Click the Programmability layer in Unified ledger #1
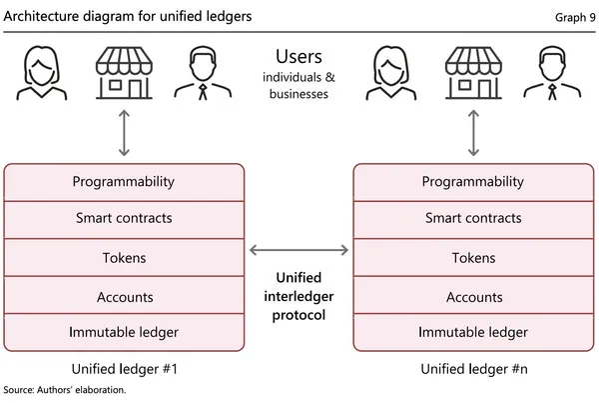(x=125, y=182)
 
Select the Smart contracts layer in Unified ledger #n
(x=473, y=218)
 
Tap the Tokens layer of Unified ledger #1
(x=125, y=257)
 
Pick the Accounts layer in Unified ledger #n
(x=473, y=297)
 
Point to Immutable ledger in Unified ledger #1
(x=125, y=332)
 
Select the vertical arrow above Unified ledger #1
(x=124, y=133)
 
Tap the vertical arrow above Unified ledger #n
(x=472, y=133)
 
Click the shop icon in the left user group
(x=124, y=74)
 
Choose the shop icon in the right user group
(x=472, y=74)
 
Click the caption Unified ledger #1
(x=125, y=368)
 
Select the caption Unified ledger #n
(x=473, y=368)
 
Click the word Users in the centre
(x=299, y=57)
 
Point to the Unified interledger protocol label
(x=299, y=297)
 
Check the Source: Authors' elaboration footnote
(x=65, y=390)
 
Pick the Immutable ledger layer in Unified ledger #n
(x=473, y=332)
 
